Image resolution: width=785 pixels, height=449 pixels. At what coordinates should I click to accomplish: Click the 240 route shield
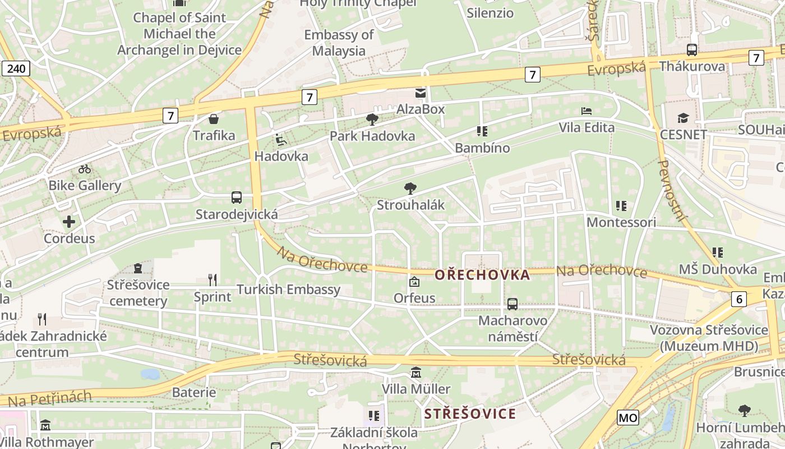pos(16,68)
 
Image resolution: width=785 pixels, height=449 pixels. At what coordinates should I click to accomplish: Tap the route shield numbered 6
pos(739,299)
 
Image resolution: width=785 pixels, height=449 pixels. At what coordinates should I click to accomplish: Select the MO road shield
pos(628,418)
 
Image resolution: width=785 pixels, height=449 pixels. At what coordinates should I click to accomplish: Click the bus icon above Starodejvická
pos(237,198)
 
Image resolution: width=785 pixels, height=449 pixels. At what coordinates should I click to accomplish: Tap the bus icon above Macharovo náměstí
pos(512,304)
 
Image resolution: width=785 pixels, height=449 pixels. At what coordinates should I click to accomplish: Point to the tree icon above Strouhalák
pos(410,189)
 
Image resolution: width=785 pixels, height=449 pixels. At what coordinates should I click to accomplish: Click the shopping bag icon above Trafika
pos(214,119)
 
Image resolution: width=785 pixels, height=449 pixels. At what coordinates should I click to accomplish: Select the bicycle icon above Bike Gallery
pos(85,168)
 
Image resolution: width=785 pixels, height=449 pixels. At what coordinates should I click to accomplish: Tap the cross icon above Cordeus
pos(69,222)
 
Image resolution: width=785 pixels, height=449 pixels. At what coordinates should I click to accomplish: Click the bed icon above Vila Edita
pos(587,111)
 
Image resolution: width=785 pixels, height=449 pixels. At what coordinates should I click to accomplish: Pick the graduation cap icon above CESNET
pos(683,118)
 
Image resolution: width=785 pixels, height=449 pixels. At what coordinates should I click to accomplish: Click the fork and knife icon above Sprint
pos(213,280)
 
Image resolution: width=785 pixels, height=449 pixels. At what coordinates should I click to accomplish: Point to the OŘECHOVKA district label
pos(482,275)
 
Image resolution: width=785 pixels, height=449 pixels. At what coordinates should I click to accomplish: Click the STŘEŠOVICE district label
pos(470,414)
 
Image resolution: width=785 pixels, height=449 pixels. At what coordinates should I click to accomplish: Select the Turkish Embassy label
pos(288,290)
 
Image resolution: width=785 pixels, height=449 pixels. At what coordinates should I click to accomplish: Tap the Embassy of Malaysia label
pos(339,43)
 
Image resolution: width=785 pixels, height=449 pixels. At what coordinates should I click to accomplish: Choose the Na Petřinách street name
pos(50,399)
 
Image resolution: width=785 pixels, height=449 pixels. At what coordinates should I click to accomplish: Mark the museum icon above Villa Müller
pos(416,373)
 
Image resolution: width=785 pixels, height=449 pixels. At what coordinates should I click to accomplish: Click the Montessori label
pos(621,222)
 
